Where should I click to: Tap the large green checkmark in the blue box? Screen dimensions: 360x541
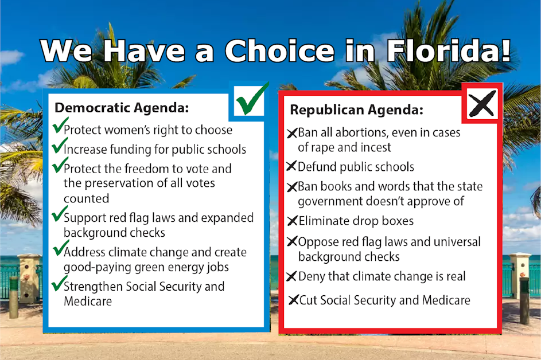(x=249, y=100)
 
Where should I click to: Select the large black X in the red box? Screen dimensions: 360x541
(x=482, y=104)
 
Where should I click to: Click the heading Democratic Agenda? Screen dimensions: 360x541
(x=121, y=108)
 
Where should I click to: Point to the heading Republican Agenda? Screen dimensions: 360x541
(x=356, y=109)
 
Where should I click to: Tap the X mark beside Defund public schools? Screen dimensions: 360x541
(x=291, y=167)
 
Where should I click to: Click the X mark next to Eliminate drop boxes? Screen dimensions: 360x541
(x=291, y=221)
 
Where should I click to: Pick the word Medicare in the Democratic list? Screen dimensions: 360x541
(x=88, y=301)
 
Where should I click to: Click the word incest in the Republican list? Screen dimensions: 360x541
(x=373, y=147)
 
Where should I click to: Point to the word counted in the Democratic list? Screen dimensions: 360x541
(x=86, y=198)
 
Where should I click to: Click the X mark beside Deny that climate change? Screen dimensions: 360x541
(x=291, y=276)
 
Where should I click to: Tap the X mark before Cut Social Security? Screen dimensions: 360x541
(x=293, y=300)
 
